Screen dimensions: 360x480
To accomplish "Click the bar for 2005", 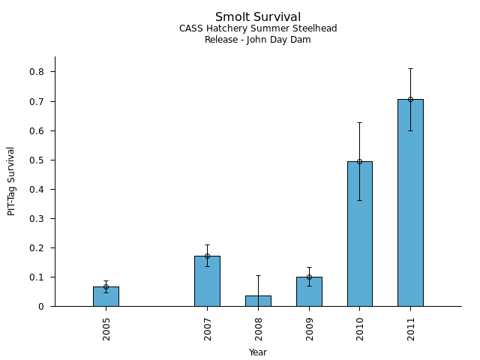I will click(x=106, y=296).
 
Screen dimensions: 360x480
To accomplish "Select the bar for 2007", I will click(x=207, y=281).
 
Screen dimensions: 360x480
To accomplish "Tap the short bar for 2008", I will click(x=258, y=301).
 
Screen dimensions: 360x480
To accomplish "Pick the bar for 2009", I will click(x=309, y=292).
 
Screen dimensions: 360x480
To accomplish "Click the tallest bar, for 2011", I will click(x=410, y=202).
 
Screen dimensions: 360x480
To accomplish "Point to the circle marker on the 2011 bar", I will click(x=410, y=99).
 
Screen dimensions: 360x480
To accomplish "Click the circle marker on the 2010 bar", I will click(x=359, y=161).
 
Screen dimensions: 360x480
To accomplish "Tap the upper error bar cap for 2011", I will click(x=410, y=68).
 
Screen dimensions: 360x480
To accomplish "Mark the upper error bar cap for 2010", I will click(x=359, y=122).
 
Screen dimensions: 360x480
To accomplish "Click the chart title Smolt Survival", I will click(x=258, y=17).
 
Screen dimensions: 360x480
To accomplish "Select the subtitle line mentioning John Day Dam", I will click(x=258, y=40).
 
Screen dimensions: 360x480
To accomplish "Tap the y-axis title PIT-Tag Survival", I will click(x=11, y=181).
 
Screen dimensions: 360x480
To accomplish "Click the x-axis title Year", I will click(x=258, y=352).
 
